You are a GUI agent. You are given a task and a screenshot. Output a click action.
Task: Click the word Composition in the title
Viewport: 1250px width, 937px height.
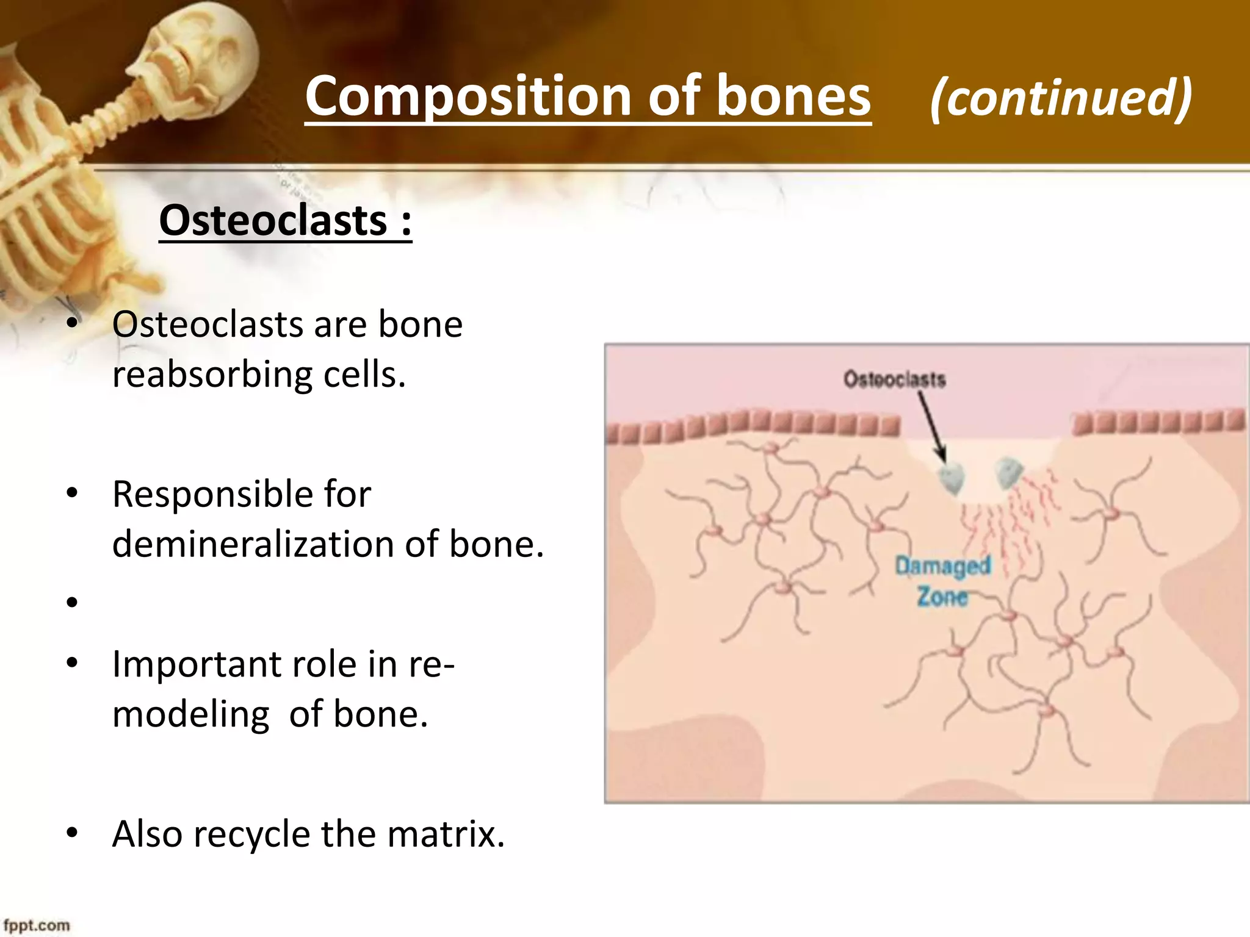click(x=467, y=96)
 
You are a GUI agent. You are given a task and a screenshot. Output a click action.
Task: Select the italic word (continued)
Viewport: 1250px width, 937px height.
click(x=1061, y=98)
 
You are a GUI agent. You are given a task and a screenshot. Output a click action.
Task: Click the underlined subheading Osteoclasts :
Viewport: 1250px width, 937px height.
click(x=285, y=221)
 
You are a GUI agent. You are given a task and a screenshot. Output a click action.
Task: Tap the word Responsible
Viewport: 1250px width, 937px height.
click(x=242, y=494)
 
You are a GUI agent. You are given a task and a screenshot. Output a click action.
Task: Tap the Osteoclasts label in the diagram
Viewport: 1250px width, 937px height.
click(x=894, y=379)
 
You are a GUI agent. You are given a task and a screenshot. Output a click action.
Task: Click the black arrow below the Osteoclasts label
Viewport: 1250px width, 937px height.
click(x=932, y=426)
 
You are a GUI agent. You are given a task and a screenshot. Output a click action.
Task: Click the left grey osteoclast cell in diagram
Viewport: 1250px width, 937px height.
click(x=952, y=479)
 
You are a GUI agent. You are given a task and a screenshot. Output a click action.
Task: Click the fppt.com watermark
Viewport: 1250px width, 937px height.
click(x=37, y=925)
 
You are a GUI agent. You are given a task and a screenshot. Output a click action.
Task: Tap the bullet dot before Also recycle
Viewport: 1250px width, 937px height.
click(x=73, y=833)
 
